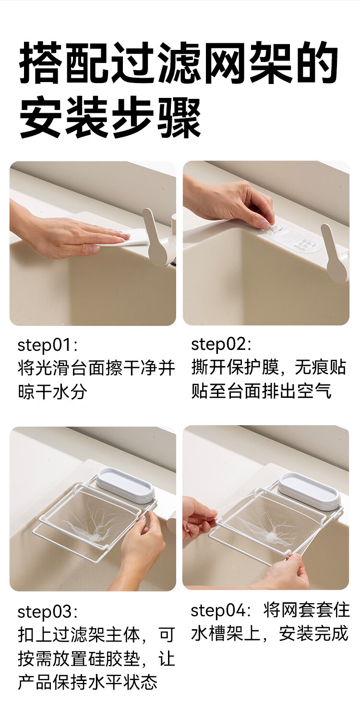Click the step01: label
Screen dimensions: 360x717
point(48,346)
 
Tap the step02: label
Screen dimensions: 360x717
point(221,345)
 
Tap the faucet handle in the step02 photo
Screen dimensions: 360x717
point(335,253)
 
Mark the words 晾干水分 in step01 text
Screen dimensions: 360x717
point(52,392)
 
